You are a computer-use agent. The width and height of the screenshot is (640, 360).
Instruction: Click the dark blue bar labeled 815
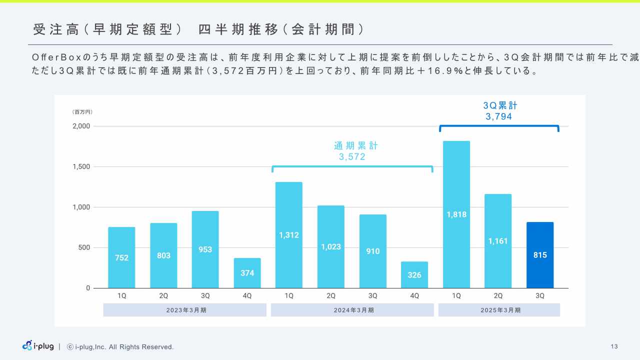(540, 255)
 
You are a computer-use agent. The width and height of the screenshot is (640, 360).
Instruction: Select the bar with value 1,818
(456, 214)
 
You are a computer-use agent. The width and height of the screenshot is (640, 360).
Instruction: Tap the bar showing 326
(414, 275)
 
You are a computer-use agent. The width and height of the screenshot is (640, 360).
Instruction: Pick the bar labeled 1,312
(289, 235)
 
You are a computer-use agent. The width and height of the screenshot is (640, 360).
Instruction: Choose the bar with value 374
(247, 273)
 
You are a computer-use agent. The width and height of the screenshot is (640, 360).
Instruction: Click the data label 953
(205, 249)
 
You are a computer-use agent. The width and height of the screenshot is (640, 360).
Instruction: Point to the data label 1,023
(331, 247)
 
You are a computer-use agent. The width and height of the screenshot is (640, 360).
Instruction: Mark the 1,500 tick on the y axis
(80, 166)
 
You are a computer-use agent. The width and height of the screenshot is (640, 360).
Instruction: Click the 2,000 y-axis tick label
(80, 126)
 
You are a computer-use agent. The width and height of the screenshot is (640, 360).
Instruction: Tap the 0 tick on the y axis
(88, 288)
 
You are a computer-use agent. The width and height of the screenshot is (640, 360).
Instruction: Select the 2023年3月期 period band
(185, 310)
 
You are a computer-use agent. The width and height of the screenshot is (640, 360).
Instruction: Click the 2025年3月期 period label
(499, 310)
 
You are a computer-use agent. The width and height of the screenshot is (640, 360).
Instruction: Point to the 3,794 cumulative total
(499, 117)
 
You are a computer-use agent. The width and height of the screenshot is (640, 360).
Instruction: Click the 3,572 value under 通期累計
(352, 157)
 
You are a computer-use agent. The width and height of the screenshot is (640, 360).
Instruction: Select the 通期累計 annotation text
(356, 146)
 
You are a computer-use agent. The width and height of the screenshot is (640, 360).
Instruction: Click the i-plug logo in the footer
(38, 346)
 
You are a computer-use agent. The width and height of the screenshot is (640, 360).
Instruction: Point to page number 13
(614, 346)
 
